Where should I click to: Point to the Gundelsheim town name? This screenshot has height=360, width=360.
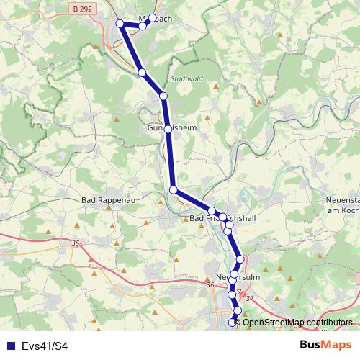[172, 129]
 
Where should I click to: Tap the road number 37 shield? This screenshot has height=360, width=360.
[251, 298]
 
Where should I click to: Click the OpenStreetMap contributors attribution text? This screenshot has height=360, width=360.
[293, 322]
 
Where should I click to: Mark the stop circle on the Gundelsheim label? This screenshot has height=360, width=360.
[168, 129]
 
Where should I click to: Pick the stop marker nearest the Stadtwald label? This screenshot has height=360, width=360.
[163, 96]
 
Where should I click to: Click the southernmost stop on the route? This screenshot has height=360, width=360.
[233, 323]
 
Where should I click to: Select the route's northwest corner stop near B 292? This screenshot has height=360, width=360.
[120, 24]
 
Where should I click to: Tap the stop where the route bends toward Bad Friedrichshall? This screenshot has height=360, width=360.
[174, 189]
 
